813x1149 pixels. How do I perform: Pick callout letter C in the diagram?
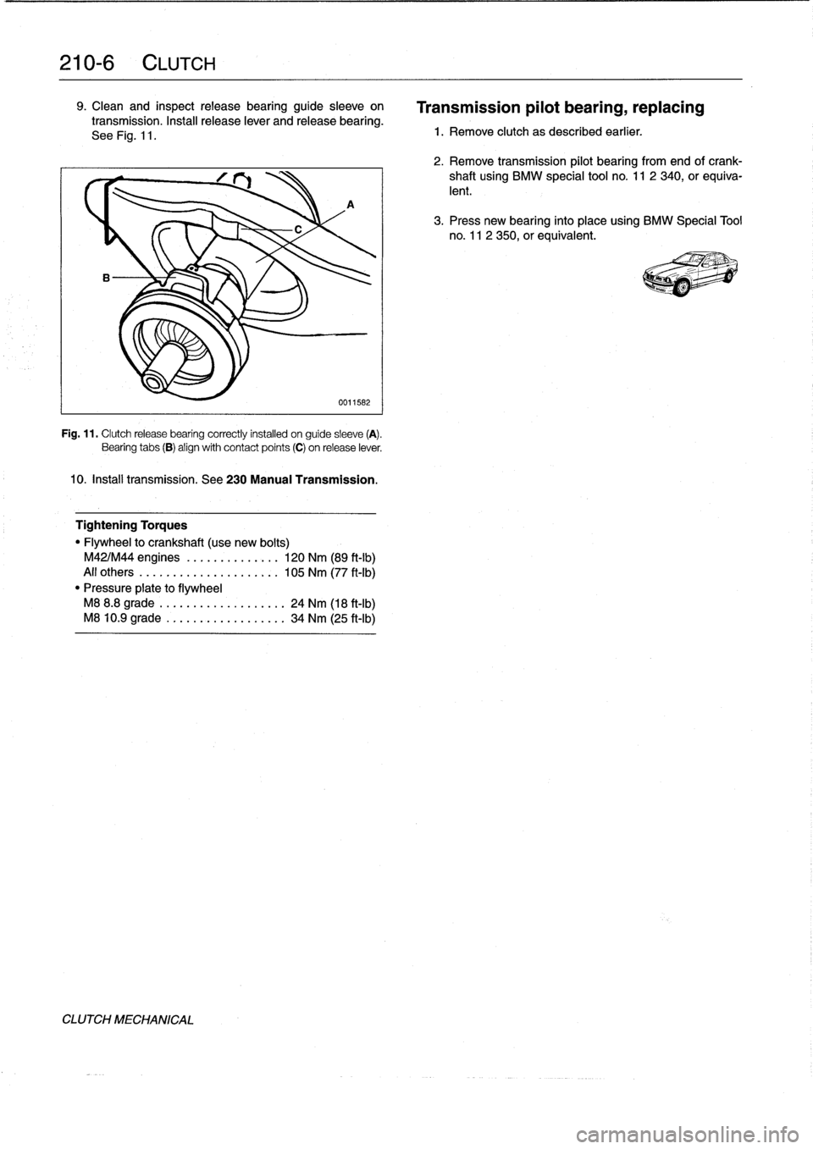297,229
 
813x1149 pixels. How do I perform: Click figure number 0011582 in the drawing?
353,401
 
